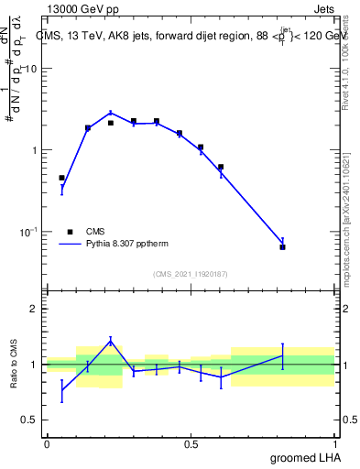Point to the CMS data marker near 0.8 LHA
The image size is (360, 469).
pyautogui.click(x=282, y=247)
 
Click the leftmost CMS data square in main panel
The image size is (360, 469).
pyautogui.click(x=61, y=178)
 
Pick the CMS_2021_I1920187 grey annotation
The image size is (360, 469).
pyautogui.click(x=190, y=273)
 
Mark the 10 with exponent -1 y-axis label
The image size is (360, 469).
pyautogui.click(x=26, y=231)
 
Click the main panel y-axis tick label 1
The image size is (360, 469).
pyautogui.click(x=34, y=150)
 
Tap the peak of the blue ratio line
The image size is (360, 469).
pyautogui.click(x=111, y=340)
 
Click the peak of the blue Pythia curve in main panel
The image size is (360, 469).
pyautogui.click(x=111, y=113)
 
